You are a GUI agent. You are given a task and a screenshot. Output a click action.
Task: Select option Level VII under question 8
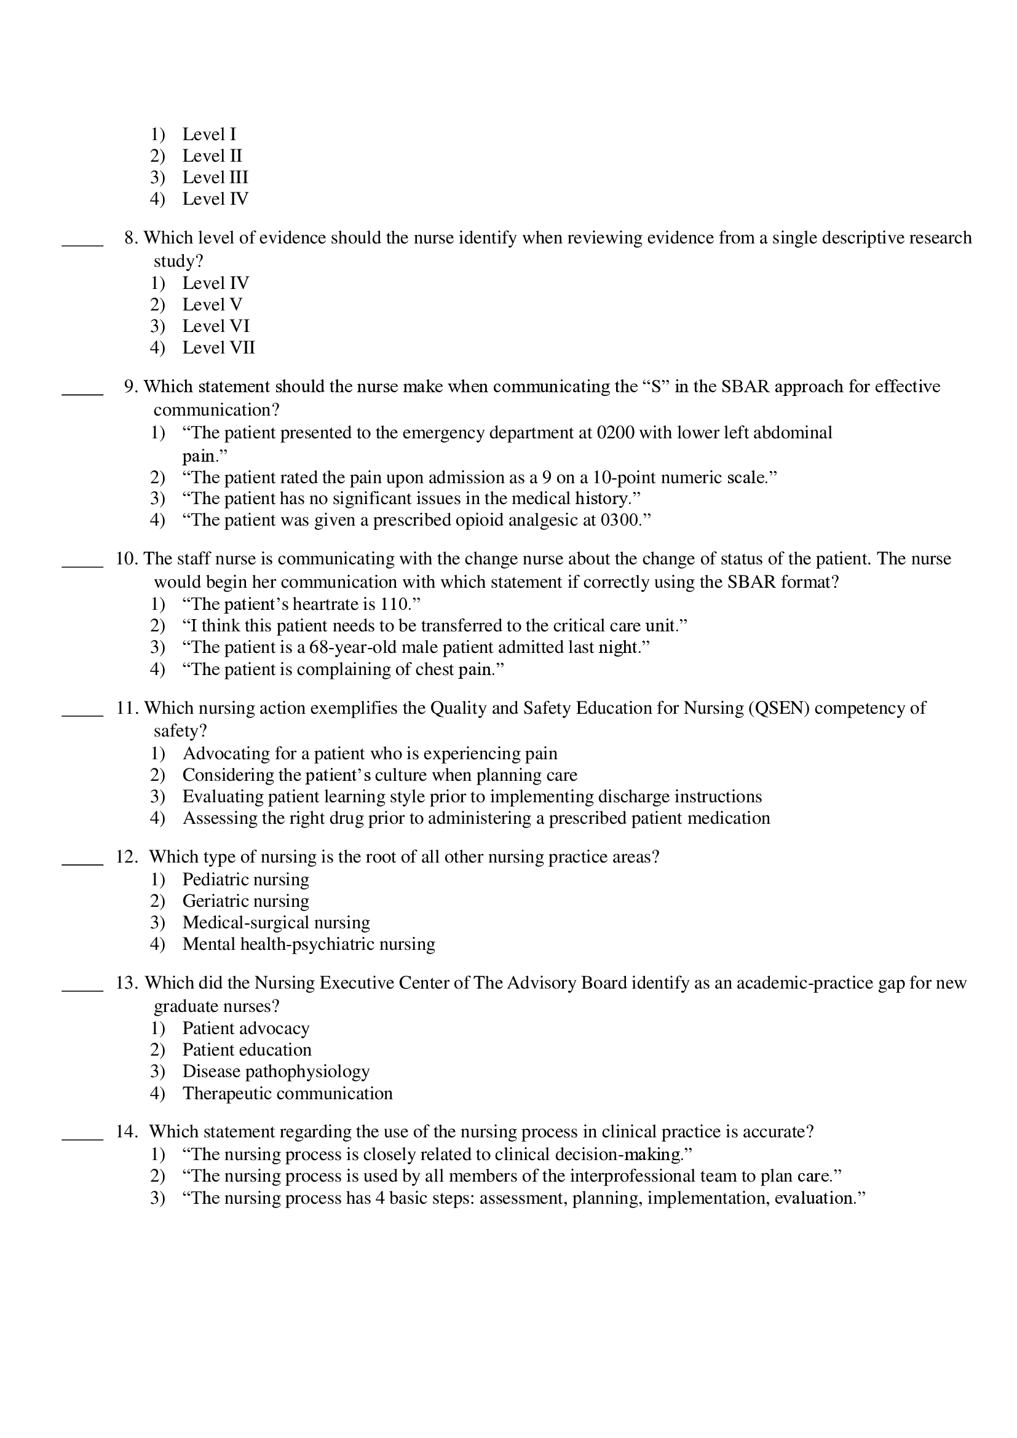coord(218,347)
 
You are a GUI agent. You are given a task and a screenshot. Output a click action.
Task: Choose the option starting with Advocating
coord(370,754)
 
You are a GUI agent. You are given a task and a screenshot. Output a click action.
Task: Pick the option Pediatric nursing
coord(245,879)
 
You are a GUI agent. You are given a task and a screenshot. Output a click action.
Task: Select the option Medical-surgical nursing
coord(276,923)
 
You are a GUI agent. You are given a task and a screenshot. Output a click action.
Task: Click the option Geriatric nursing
coord(245,901)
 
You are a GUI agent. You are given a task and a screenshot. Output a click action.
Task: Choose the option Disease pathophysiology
coord(275,1072)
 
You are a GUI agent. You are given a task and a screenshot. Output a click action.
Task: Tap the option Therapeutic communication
coord(287,1094)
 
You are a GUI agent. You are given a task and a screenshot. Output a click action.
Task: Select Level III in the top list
coord(215,177)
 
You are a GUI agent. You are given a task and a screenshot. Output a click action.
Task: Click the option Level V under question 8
coord(212,305)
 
